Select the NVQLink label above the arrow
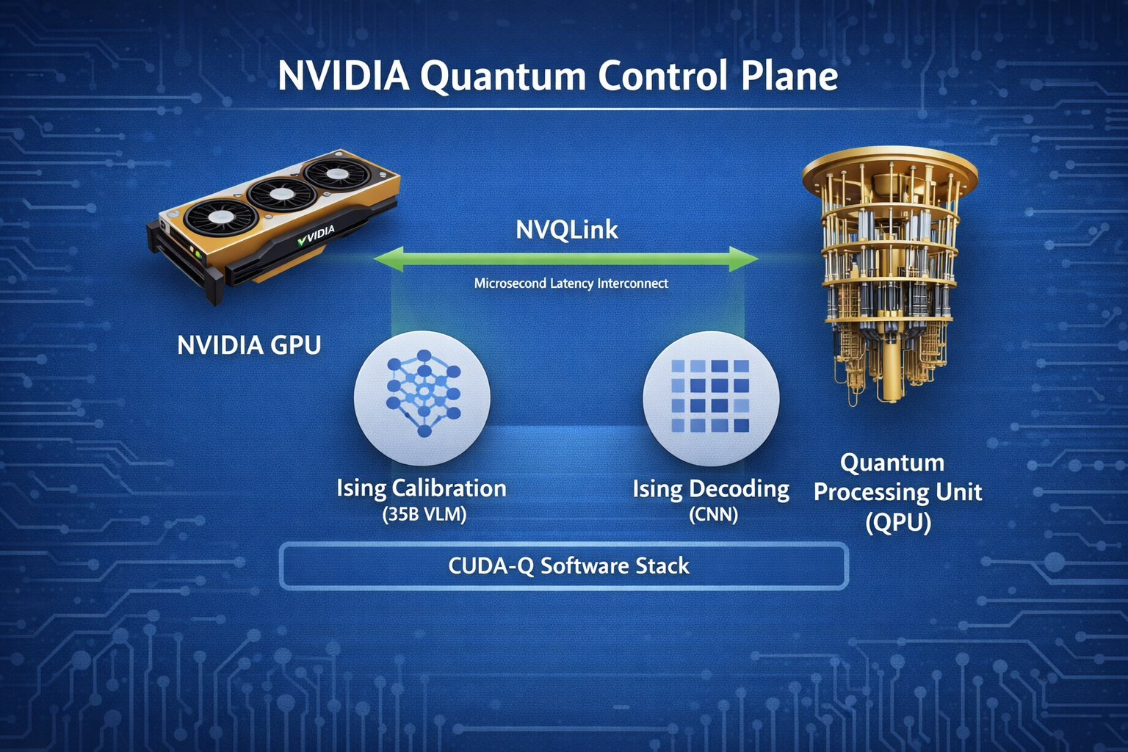coord(567,230)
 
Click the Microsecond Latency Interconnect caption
coord(571,283)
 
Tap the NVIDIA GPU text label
coord(249,345)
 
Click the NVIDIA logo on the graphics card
coord(317,236)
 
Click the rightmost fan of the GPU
coord(336,175)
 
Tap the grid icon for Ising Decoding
coord(710,397)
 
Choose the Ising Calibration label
coord(421,488)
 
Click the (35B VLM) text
coord(424,514)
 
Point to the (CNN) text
coord(713,514)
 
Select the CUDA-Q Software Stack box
coord(564,565)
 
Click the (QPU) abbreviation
coord(897,522)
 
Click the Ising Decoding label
coord(711,489)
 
